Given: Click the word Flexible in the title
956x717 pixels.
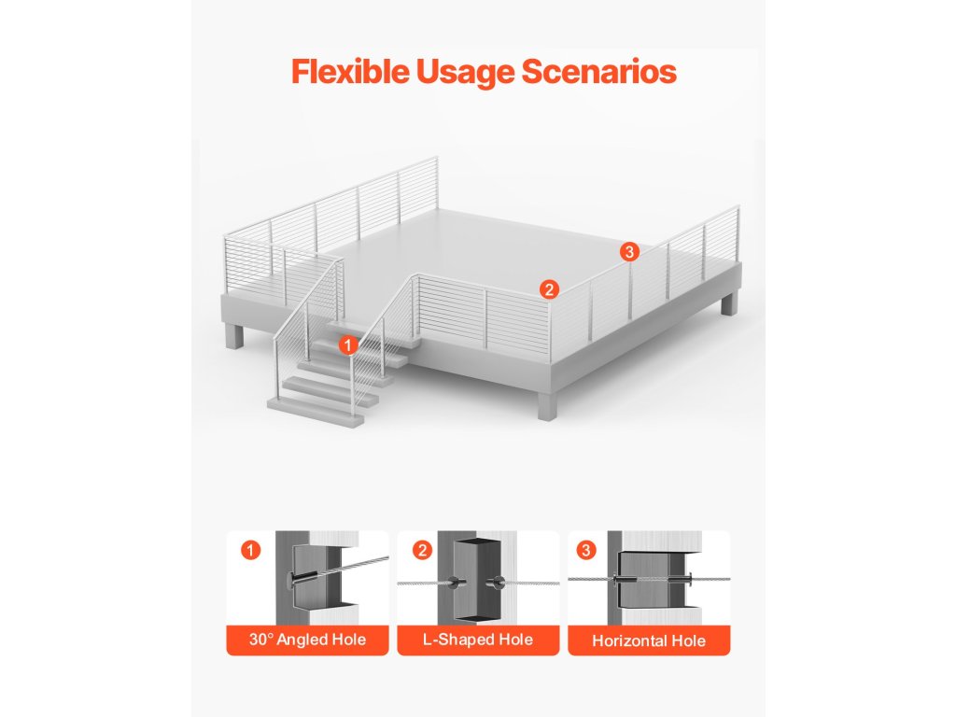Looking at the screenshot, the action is [351, 71].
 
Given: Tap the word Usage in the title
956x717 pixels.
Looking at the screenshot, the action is [466, 72].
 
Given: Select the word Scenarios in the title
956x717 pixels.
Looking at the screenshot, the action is [598, 71].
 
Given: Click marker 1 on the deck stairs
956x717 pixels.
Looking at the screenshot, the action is [348, 345].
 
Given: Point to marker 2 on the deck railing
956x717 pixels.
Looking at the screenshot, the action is [549, 289].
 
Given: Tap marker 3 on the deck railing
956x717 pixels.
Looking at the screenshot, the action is [629, 251].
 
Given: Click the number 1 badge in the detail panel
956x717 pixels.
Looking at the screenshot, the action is [250, 550].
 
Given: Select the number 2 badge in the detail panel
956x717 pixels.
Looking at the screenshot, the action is [422, 550].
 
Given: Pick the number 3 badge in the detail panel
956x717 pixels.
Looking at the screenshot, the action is [586, 550].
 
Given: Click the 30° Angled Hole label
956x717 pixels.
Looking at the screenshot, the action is [307, 640].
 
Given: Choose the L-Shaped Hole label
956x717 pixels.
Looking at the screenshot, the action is [478, 640].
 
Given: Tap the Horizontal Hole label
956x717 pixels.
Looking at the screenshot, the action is [649, 640].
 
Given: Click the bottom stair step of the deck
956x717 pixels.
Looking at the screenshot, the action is [316, 411].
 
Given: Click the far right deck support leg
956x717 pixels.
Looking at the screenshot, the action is [727, 302].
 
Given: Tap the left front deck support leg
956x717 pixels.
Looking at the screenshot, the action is [234, 336].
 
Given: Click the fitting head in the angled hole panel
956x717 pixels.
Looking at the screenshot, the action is [288, 579].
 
